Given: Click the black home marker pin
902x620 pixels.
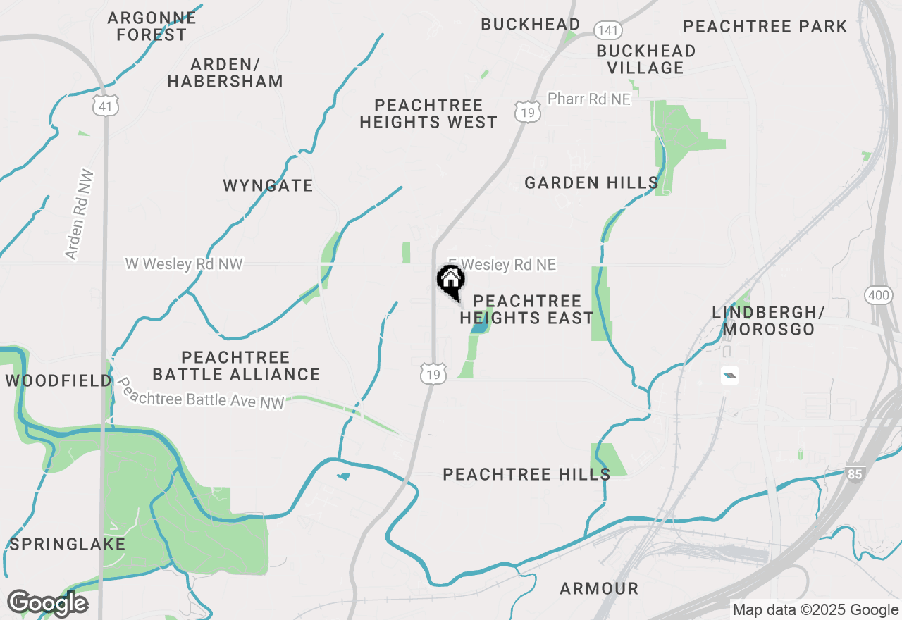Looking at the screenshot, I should tap(451, 281).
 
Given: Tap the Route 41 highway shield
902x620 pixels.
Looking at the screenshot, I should tap(105, 106).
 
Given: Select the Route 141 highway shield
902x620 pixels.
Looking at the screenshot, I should tap(606, 30).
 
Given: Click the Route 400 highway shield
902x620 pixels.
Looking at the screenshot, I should tap(879, 295).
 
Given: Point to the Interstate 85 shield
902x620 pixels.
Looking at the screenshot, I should tap(855, 474).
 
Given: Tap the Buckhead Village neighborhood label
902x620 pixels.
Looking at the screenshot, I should tap(645, 59).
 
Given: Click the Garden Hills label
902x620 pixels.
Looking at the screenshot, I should tap(591, 183).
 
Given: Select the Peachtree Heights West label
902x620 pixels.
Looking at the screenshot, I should tap(428, 113).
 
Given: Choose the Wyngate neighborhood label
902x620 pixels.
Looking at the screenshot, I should tap(268, 185).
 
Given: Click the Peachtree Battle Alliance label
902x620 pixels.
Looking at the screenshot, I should tap(236, 366).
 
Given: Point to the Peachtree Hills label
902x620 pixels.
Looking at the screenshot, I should tap(526, 474).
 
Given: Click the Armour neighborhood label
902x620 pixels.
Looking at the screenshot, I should tap(599, 588).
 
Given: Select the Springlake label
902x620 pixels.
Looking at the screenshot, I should tap(67, 544).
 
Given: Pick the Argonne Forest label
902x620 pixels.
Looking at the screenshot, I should tap(152, 26).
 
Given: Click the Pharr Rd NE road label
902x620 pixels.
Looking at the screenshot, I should tap(588, 99).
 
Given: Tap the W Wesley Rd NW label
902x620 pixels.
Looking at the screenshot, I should tap(183, 264).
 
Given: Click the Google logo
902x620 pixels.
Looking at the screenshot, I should tap(47, 603).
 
